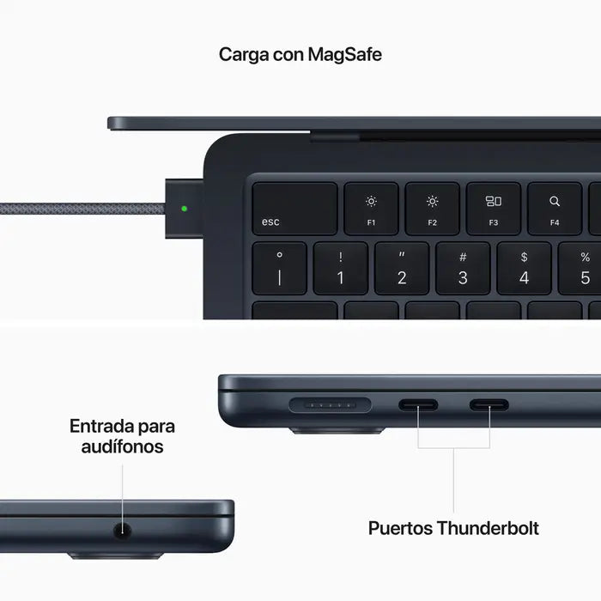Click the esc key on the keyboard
[294, 208]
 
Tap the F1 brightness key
[371, 208]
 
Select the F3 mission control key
[493, 208]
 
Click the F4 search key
[554, 208]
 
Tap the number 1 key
[340, 268]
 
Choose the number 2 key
[401, 268]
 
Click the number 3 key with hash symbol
[463, 268]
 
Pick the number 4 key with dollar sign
[524, 268]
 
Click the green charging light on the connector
[184, 208]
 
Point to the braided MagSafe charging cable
[77, 208]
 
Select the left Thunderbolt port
[418, 404]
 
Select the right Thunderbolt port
[489, 404]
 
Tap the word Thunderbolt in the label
[488, 527]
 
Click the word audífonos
[122, 446]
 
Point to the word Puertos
[401, 527]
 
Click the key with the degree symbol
[279, 268]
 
